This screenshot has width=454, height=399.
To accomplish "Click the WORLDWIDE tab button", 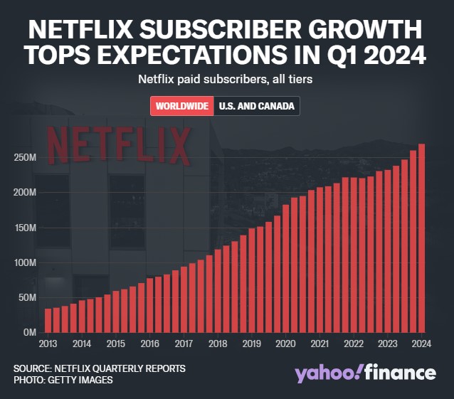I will click(181, 106).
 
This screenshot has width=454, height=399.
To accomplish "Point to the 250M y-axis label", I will click(25, 157).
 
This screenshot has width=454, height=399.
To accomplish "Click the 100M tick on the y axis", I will click(25, 262).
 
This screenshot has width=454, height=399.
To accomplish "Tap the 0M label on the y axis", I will click(28, 332).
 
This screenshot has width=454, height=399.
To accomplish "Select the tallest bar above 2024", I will click(422, 238).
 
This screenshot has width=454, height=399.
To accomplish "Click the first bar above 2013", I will click(48, 320).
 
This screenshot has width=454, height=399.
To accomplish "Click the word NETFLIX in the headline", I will click(86, 31).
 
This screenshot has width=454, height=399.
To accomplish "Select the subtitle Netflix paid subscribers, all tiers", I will click(226, 80).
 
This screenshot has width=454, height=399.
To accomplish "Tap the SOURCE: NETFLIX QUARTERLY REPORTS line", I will click(100, 368).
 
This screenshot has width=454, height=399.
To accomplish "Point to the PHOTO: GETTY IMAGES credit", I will click(63, 380).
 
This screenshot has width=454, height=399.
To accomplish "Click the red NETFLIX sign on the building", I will click(117, 144).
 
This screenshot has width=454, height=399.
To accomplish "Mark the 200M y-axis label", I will click(25, 192).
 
